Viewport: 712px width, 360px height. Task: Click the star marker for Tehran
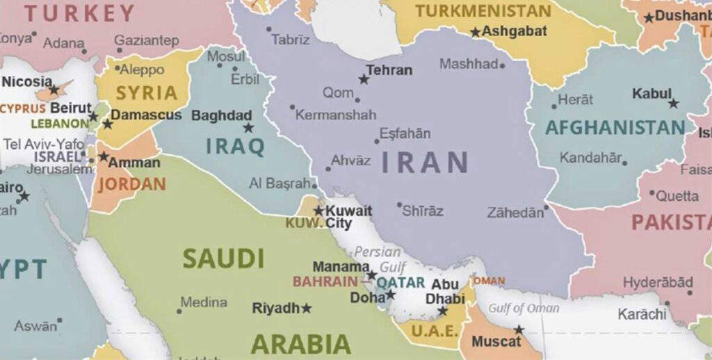[364, 80]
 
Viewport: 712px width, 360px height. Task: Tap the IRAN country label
[424, 162]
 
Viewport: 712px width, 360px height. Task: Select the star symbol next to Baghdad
[248, 128]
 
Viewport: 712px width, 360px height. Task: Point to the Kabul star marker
[673, 104]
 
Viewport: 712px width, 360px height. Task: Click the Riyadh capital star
[306, 308]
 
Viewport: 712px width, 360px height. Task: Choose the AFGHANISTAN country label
[615, 128]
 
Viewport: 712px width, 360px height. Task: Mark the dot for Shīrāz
[399, 205]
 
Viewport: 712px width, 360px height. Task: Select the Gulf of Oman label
[524, 308]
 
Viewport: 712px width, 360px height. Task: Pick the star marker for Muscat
[519, 330]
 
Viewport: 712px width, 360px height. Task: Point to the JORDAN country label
[131, 184]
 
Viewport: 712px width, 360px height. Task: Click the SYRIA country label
[146, 93]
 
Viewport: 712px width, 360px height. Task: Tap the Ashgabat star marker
[476, 32]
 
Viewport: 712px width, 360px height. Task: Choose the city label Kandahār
[590, 158]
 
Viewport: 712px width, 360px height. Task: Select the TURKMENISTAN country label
[483, 11]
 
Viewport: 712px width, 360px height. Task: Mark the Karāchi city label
[642, 314]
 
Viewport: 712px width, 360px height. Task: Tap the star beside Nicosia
[54, 90]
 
